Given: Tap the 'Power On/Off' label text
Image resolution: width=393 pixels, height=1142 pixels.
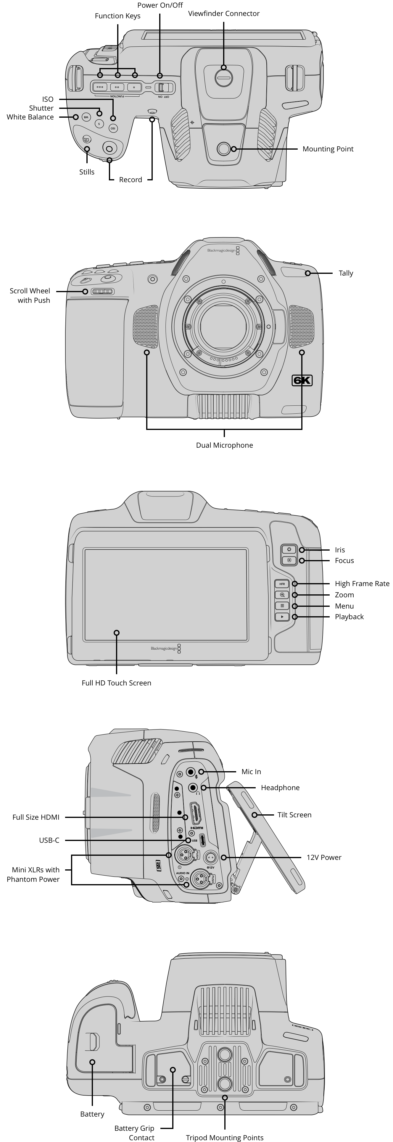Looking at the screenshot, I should tap(160, 5).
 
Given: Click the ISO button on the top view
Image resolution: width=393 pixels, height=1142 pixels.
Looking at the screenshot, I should tap(113, 128).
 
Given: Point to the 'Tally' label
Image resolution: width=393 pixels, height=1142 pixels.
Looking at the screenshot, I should tap(346, 273).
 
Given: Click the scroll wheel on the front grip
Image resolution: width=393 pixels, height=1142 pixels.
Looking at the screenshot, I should tap(102, 291).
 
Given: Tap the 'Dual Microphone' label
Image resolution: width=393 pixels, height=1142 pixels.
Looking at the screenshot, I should tap(224, 445).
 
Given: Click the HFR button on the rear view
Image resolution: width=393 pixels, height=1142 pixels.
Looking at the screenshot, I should tap(282, 584).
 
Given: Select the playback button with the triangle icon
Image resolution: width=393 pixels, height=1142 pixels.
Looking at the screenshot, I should tap(282, 617).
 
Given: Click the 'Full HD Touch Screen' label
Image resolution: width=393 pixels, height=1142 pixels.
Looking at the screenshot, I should tap(116, 683).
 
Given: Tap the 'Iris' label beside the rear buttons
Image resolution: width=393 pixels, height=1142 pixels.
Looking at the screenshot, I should tap(340, 550).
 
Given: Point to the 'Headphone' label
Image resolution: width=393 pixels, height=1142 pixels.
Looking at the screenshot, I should tap(280, 787).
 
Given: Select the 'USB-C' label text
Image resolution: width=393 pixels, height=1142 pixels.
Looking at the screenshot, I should tap(49, 840).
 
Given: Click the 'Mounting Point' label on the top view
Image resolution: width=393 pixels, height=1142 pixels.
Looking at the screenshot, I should tap(328, 149).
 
